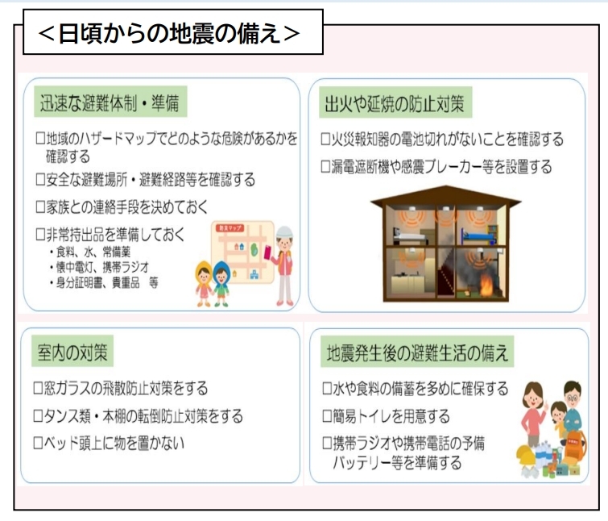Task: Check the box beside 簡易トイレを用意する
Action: [326, 417]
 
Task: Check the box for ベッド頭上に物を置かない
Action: [39, 443]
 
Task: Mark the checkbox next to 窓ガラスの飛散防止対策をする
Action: [39, 389]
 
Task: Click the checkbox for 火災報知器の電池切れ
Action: [326, 140]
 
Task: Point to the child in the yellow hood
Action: [202, 280]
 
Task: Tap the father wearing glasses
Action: [571, 403]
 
